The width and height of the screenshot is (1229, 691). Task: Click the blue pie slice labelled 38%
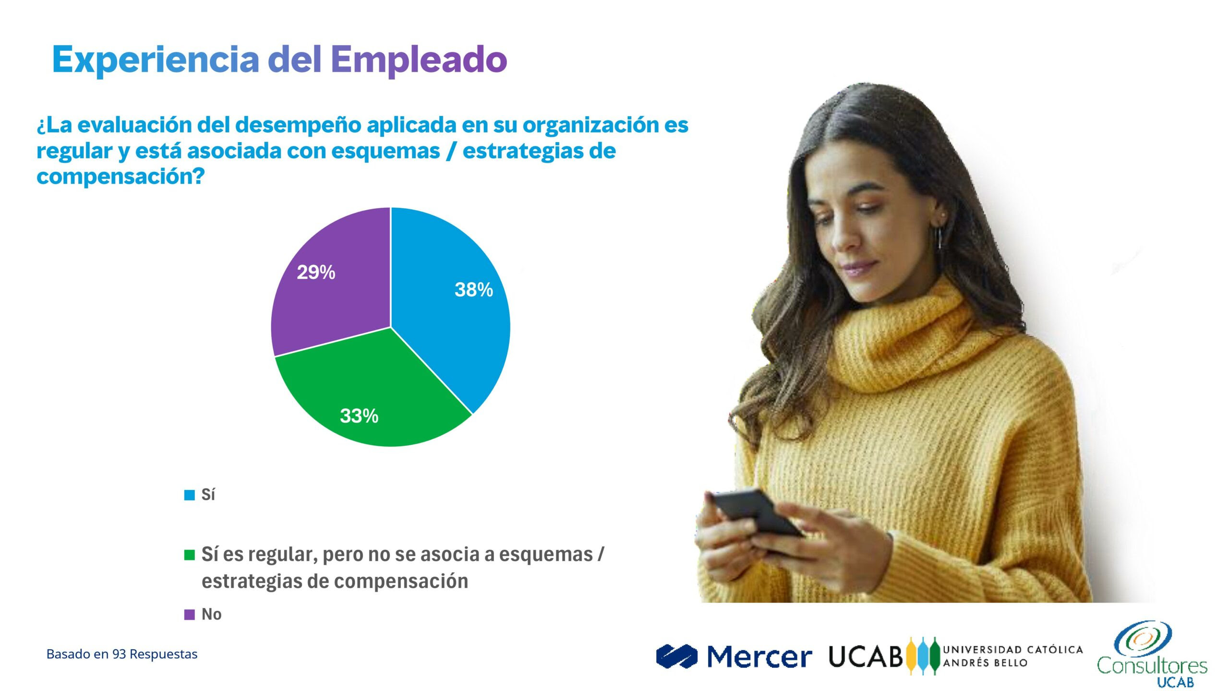(451, 307)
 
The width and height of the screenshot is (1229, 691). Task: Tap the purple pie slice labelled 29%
(331, 283)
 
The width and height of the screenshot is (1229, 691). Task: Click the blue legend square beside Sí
(190, 495)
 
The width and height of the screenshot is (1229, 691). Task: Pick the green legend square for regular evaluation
(190, 555)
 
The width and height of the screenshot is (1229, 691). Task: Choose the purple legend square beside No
(190, 614)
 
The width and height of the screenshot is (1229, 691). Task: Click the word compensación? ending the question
(120, 177)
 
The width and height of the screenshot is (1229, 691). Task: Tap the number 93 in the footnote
(119, 654)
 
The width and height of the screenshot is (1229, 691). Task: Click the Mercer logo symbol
(676, 656)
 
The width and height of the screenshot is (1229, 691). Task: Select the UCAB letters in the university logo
(866, 656)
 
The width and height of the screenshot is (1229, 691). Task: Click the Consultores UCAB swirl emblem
(1143, 638)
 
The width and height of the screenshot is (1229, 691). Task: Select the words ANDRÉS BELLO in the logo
(985, 663)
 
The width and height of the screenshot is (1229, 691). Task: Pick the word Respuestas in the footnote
(163, 655)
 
